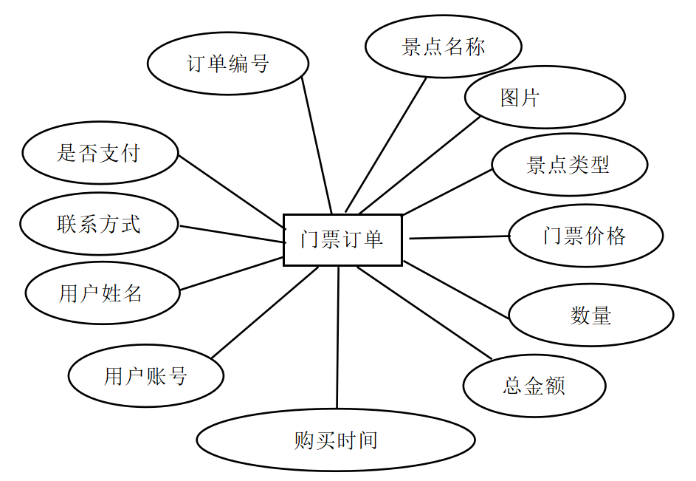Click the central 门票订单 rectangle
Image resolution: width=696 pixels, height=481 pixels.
tap(342, 239)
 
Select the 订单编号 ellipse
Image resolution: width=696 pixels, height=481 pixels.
tap(228, 64)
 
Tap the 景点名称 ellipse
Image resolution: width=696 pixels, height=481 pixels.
tap(443, 47)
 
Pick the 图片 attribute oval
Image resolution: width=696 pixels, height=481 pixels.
tap(545, 97)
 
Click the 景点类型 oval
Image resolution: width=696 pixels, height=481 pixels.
tap(569, 164)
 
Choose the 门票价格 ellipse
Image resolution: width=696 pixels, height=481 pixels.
tap(585, 236)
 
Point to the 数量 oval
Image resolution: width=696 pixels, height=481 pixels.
tap(590, 315)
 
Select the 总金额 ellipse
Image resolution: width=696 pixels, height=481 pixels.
tap(534, 386)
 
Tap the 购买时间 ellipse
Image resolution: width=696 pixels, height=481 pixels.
tap(336, 440)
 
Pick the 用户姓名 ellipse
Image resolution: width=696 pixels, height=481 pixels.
tap(102, 293)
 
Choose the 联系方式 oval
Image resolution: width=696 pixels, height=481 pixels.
tap(99, 224)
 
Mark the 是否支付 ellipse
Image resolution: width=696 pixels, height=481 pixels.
tap(100, 154)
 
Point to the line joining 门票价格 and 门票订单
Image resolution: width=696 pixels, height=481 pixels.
tap(459, 237)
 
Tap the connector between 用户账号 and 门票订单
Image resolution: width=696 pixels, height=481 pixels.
tap(264, 313)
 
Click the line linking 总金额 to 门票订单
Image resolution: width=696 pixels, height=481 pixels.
tap(424, 313)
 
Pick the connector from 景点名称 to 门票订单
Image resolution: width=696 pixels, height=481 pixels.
tap(386, 144)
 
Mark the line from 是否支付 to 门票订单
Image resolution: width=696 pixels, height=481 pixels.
tap(231, 188)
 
